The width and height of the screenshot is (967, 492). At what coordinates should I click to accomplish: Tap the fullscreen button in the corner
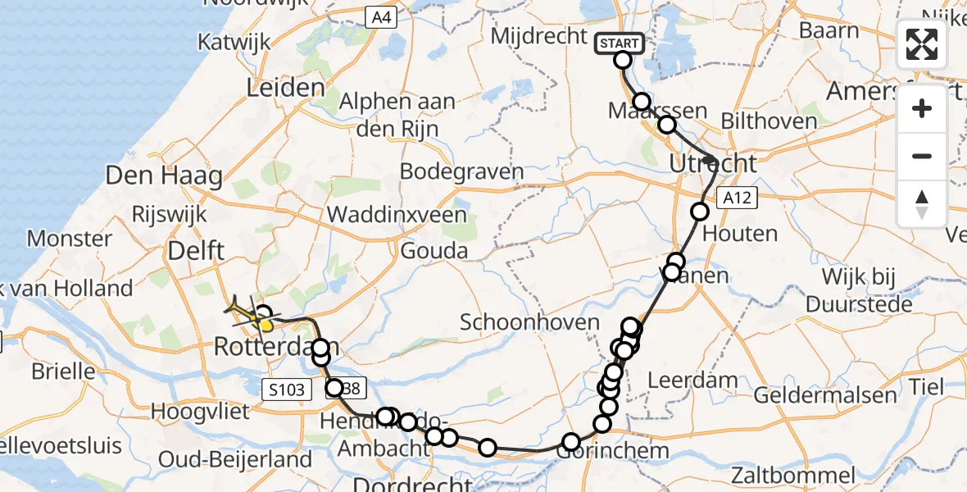click(x=922, y=44)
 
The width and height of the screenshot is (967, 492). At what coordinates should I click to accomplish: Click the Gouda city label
click(x=434, y=250)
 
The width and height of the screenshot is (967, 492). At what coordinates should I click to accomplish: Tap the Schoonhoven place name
click(x=529, y=321)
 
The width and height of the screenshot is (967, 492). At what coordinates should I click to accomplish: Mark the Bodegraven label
click(x=461, y=172)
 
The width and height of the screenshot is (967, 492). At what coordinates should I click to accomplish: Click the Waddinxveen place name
click(x=397, y=216)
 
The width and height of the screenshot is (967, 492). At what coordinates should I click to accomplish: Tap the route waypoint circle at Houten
click(x=700, y=212)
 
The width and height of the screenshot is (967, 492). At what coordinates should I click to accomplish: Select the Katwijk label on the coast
click(x=229, y=43)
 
